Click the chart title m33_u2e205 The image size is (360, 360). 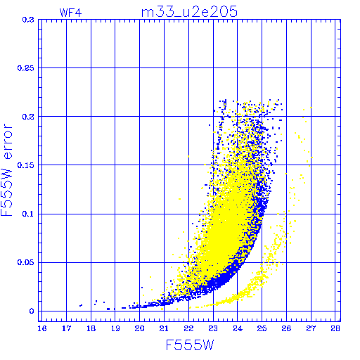(x=189, y=12)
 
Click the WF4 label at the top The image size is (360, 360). (x=70, y=13)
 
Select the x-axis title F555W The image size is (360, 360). (x=190, y=345)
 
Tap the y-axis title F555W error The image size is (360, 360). (x=7, y=170)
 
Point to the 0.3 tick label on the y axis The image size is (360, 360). (x=28, y=20)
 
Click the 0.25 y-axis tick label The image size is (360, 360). (x=26, y=68)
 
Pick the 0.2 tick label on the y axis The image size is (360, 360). (x=28, y=117)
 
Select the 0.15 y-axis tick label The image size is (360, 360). (x=26, y=165)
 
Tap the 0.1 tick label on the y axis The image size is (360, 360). (x=28, y=214)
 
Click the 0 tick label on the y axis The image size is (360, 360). (x=32, y=311)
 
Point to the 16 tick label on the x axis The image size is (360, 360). (x=42, y=328)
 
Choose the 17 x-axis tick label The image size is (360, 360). (x=66, y=328)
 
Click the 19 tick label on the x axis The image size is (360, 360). (x=115, y=328)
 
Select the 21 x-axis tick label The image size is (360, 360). (x=164, y=328)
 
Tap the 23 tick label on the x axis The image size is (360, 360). (x=213, y=328)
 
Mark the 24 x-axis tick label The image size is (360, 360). (x=238, y=328)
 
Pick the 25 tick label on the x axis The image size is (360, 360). (x=262, y=328)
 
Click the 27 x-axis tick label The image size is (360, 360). (x=311, y=328)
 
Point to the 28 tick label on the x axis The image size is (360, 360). (x=335, y=328)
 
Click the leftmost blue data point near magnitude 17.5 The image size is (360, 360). (x=81, y=305)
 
